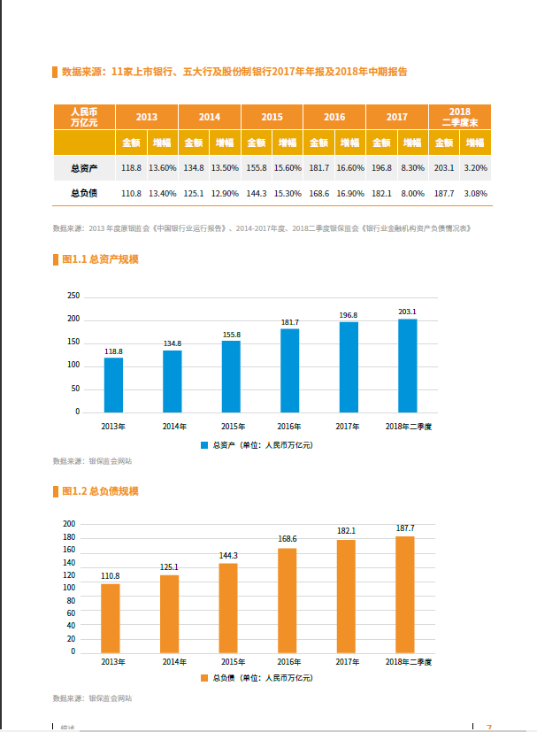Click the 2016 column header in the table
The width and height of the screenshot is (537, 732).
(x=334, y=117)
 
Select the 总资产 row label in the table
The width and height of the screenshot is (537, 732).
(x=83, y=167)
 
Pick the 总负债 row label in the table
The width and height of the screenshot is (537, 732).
(x=83, y=193)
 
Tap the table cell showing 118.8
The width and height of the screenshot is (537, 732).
(x=131, y=167)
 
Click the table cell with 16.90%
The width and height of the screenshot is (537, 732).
(x=350, y=193)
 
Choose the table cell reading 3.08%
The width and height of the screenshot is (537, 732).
(x=475, y=193)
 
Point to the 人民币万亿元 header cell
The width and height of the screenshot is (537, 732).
(x=83, y=117)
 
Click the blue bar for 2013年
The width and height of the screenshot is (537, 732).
(x=113, y=385)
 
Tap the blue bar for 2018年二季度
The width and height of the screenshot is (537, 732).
(x=408, y=365)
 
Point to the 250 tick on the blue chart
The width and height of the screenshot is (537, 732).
(x=73, y=296)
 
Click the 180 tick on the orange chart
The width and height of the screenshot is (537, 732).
(x=70, y=536)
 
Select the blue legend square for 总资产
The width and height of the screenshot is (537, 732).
(x=204, y=444)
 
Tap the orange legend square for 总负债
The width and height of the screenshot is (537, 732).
(x=204, y=677)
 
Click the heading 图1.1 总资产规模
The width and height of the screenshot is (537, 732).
(x=100, y=259)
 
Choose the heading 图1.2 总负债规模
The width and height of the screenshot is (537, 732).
(x=100, y=491)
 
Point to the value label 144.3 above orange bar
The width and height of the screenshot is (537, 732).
(x=228, y=556)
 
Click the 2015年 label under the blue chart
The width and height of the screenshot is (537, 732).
(x=231, y=427)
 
